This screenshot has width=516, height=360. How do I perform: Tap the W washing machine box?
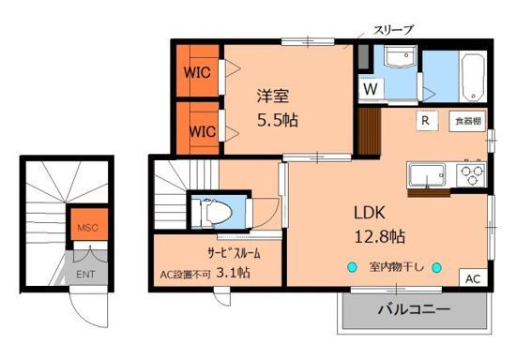372,89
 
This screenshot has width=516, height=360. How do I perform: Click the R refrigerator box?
425,121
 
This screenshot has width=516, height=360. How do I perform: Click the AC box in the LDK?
472,278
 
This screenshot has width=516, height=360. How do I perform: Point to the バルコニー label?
414,309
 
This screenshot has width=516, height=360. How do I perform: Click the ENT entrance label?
85,275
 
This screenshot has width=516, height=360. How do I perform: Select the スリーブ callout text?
369,30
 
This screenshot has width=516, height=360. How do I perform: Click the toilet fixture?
217,212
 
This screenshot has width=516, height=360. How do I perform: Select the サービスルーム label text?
221,253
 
